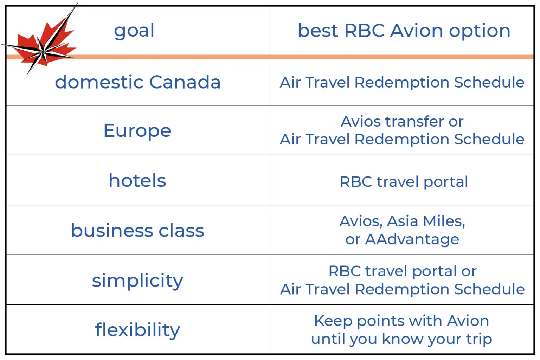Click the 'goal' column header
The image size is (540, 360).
tap(134, 31)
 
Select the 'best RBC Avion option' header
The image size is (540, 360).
tap(404, 31)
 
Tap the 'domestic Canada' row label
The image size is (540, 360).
tap(138, 82)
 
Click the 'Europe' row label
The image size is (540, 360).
tap(137, 131)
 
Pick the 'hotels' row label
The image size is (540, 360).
tap(137, 180)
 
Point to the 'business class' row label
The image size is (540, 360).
tap(137, 230)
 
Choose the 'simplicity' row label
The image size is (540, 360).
tap(137, 281)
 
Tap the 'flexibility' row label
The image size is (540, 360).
tap(137, 330)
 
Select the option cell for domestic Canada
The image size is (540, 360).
tap(402, 82)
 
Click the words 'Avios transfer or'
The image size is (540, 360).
tap(402, 121)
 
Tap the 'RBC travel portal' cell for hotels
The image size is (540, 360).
tap(404, 181)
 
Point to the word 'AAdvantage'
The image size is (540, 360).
tap(412, 239)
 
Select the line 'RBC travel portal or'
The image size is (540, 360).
tap(403, 271)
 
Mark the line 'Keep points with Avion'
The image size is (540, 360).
tap(401, 321)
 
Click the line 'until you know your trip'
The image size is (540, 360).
tap(401, 339)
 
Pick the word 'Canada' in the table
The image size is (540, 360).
tap(185, 82)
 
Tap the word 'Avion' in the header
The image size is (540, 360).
tap(417, 31)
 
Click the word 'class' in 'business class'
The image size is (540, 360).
tap(181, 230)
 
